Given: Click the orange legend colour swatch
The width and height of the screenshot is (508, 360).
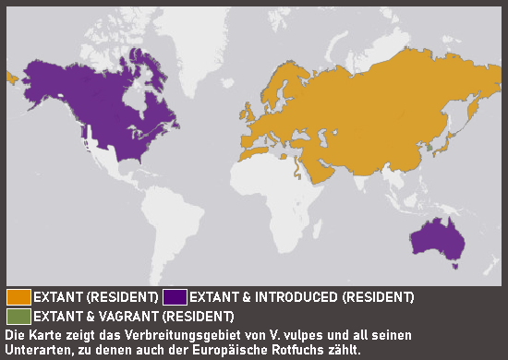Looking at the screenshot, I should click(18, 297).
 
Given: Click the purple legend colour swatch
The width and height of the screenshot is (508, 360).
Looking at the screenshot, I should click(175, 297).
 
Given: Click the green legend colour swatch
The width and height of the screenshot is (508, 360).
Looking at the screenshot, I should click(18, 315).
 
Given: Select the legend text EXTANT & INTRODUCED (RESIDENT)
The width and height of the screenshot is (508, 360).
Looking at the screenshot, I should click(301, 297).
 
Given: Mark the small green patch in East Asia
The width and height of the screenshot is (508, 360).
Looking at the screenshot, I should click(428, 145).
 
